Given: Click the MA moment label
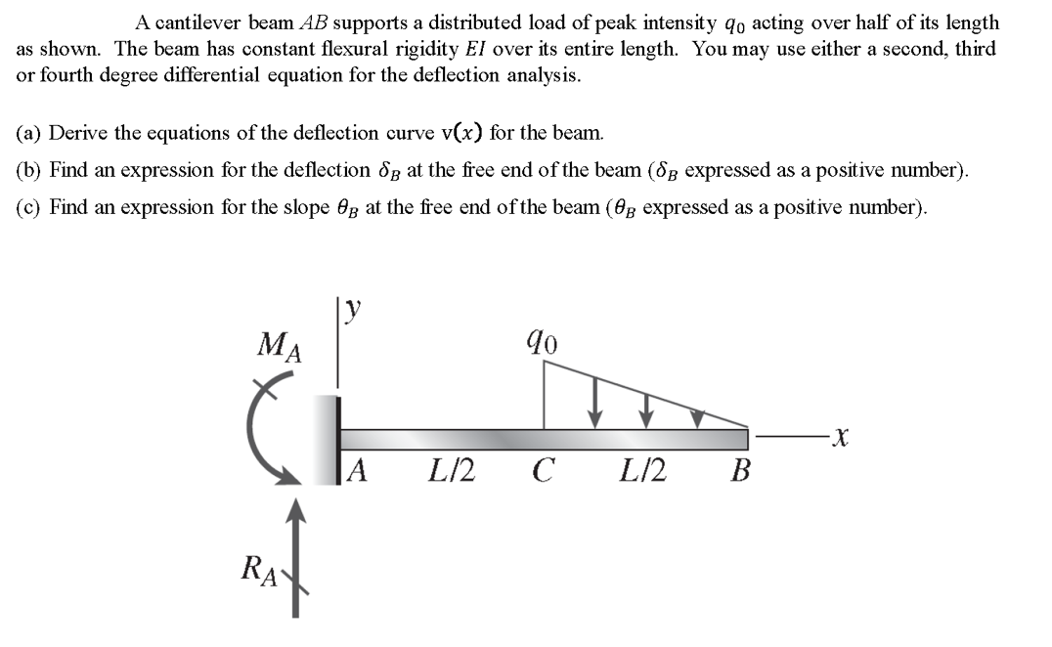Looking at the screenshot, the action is (x=278, y=346).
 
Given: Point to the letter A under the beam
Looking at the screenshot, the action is (x=358, y=472).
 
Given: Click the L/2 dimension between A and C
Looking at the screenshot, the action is (x=452, y=472).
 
